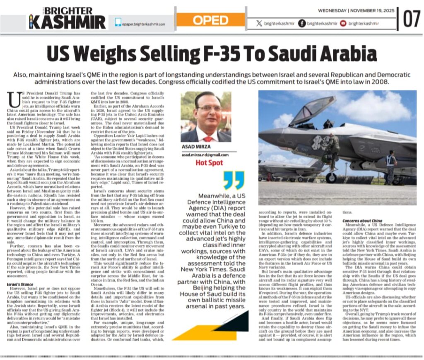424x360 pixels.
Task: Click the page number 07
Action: [x=412, y=19]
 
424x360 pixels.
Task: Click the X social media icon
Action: [x=259, y=24]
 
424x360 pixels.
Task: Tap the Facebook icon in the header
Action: [x=302, y=24]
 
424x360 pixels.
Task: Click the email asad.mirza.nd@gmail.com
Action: [x=205, y=155]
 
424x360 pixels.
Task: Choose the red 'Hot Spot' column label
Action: [x=209, y=163]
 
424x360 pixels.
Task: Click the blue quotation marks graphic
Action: [x=234, y=180]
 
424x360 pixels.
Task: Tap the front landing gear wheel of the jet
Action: [x=331, y=178]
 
